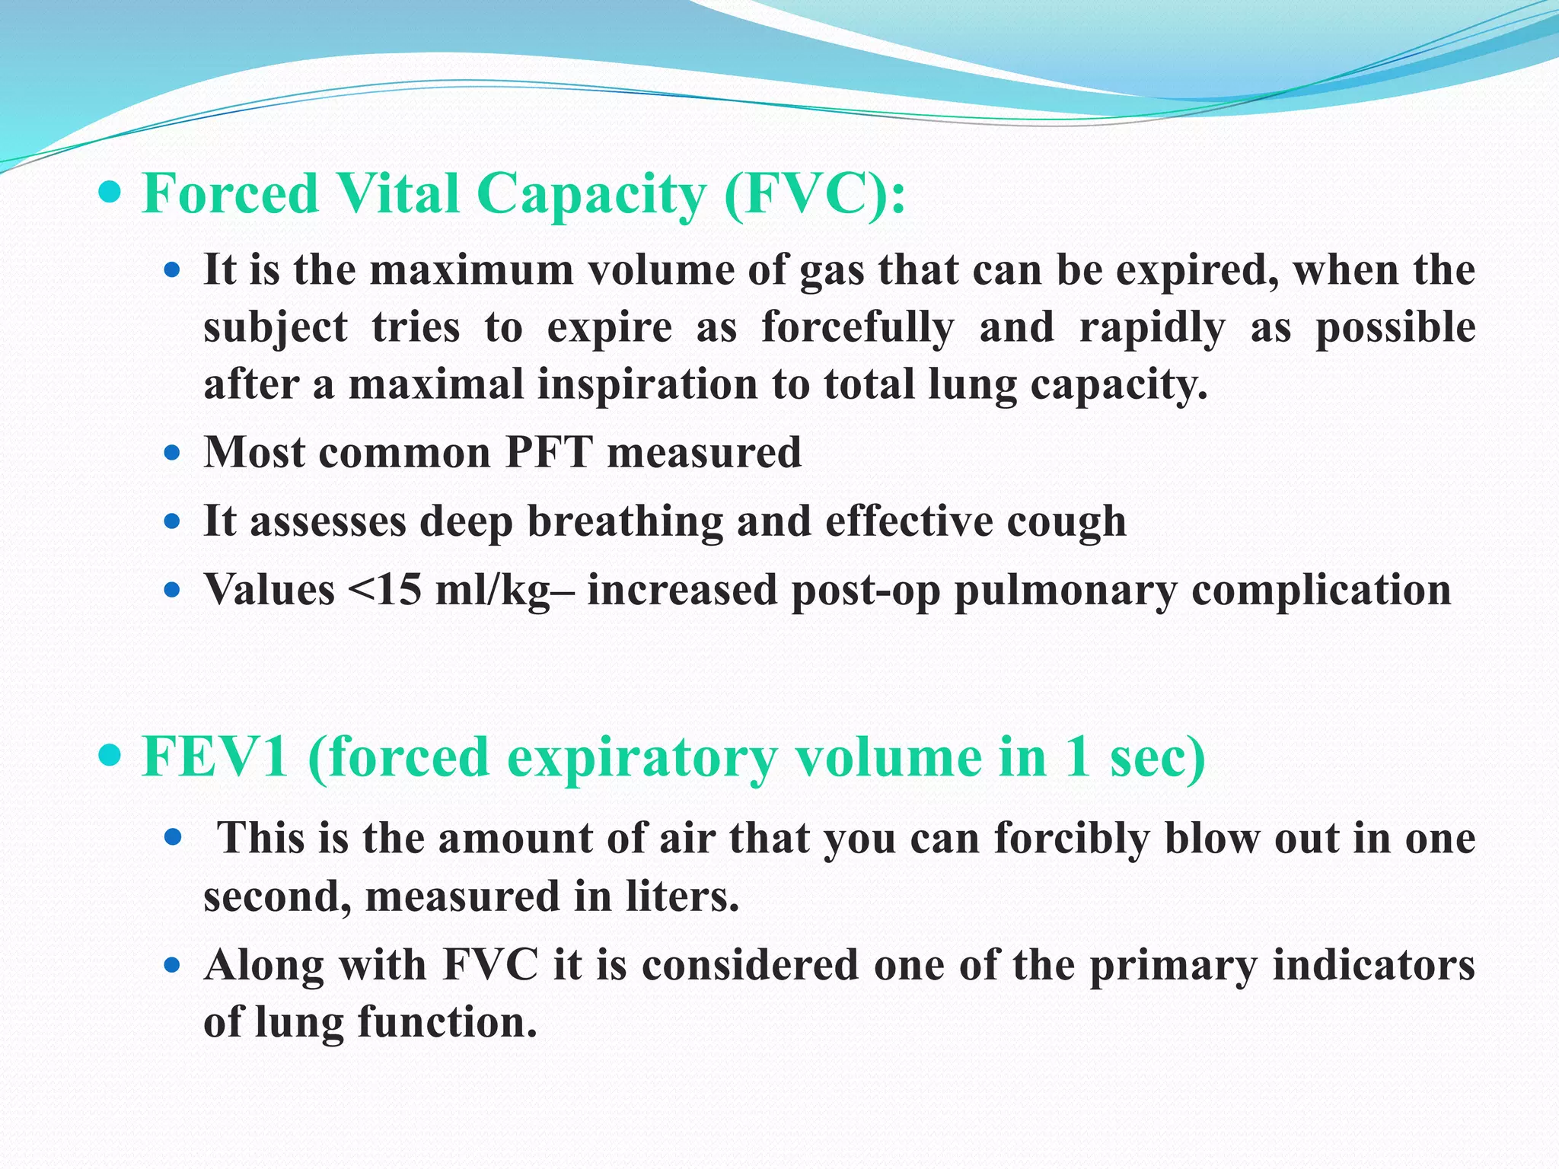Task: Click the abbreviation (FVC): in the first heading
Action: [815, 194]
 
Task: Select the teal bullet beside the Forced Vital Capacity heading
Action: [110, 193]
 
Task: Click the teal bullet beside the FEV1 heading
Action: [110, 757]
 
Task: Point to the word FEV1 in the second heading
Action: [215, 757]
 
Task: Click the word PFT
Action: [549, 452]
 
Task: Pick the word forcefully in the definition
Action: [857, 327]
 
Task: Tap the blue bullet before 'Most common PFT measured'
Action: [173, 454]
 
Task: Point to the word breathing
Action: [625, 522]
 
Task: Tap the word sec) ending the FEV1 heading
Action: [1157, 757]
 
